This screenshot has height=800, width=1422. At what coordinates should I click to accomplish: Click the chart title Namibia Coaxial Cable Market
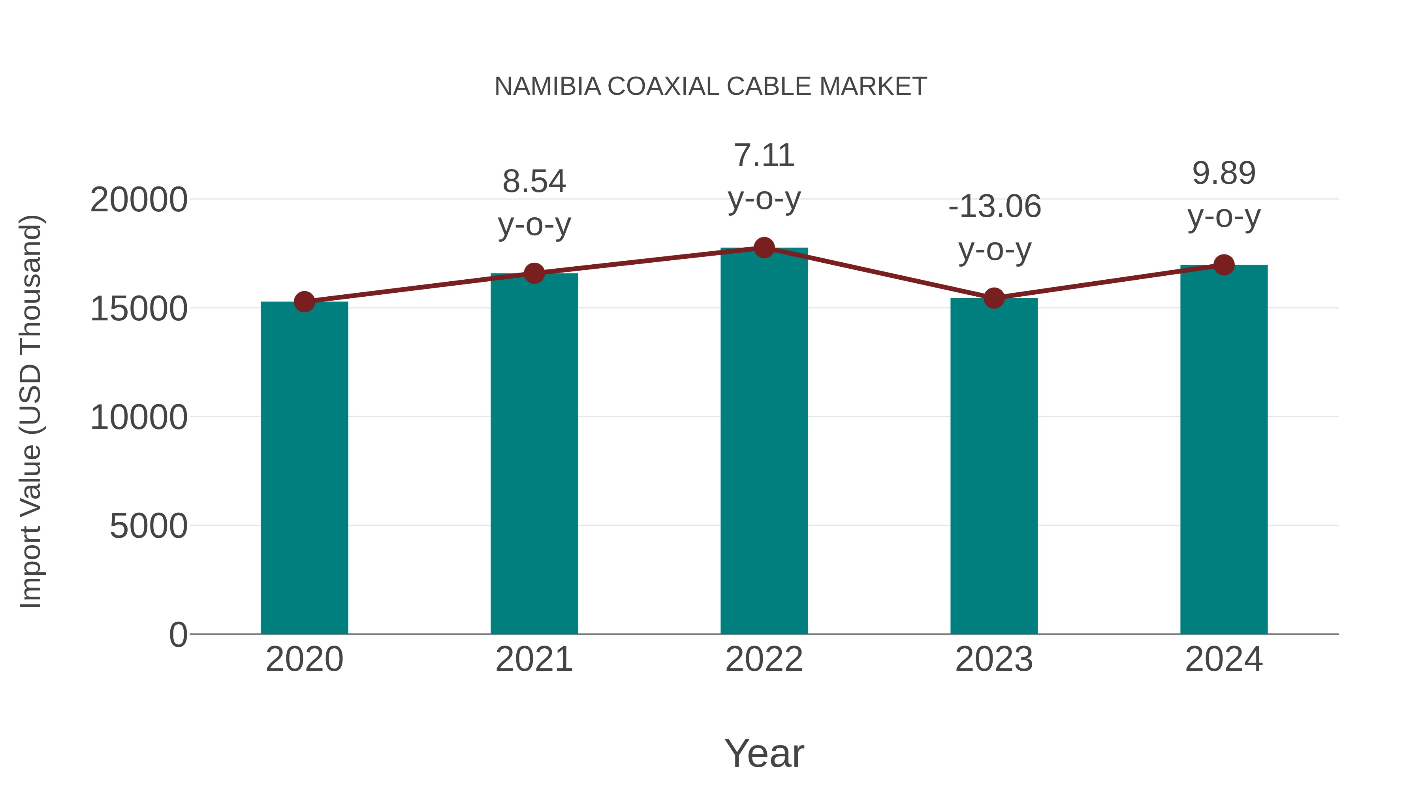711,87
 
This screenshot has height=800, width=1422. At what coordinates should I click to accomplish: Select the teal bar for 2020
304,469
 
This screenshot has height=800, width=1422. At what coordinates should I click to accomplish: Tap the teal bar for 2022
764,442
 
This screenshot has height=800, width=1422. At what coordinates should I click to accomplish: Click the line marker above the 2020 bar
304,302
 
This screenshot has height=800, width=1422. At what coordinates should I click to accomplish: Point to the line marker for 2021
534,273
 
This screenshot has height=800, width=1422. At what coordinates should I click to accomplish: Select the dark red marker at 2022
764,248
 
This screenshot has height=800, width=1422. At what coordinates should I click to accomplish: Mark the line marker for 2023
994,298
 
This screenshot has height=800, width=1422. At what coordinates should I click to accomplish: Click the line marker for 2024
1224,265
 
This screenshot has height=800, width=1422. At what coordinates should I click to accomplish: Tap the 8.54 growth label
534,182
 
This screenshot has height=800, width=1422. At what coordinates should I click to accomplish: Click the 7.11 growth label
764,156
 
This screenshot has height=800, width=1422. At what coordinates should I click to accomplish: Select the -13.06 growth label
994,207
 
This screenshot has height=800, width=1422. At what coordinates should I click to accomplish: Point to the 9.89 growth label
1224,174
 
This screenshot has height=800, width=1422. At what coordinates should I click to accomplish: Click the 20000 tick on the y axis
139,200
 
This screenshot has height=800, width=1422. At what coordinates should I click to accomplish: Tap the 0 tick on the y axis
178,635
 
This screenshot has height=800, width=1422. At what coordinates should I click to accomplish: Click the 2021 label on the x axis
534,660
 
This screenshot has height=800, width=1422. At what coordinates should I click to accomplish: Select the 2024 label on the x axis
1224,660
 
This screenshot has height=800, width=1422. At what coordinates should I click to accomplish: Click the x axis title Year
764,754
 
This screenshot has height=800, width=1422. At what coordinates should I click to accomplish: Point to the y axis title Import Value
31,411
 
